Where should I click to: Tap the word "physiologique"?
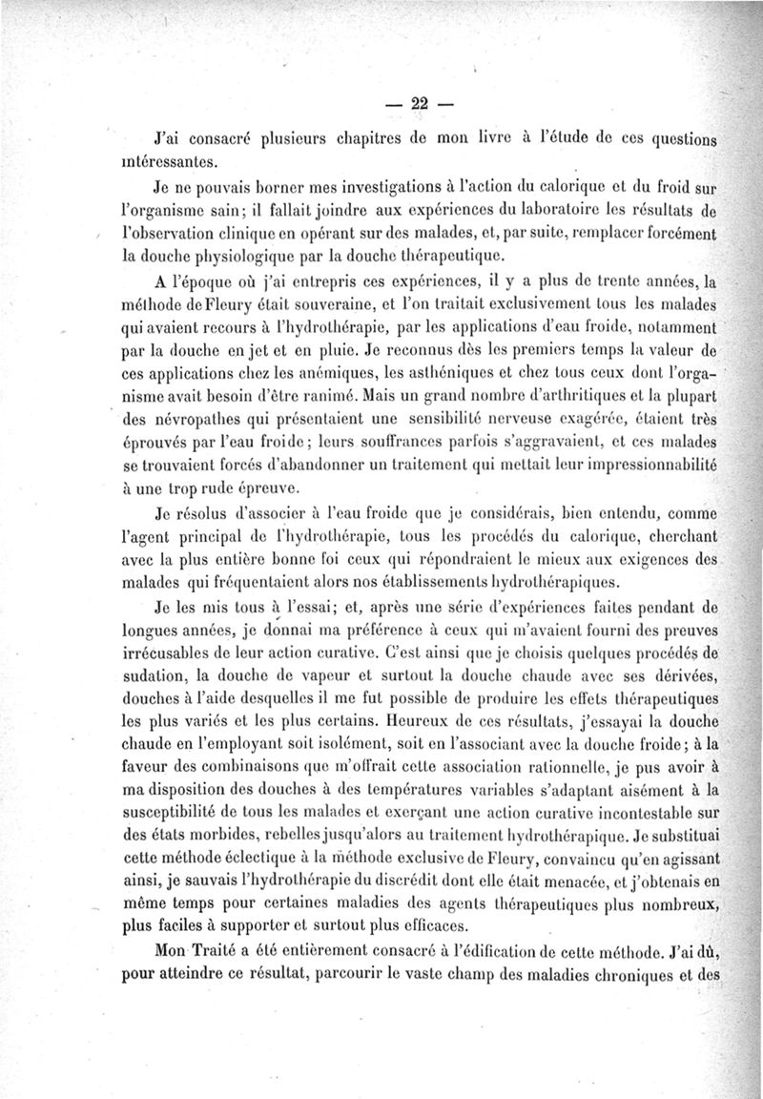(240, 257)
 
